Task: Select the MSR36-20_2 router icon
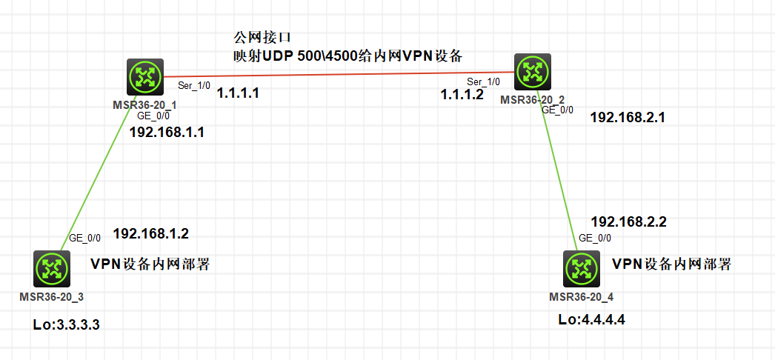tap(532, 71)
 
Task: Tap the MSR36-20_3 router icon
tap(52, 268)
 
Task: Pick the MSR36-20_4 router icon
tap(581, 269)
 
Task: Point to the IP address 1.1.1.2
tap(462, 94)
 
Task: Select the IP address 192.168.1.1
tap(167, 133)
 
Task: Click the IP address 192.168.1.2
tap(150, 234)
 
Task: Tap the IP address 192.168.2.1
tap(628, 117)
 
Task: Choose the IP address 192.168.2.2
tap(628, 221)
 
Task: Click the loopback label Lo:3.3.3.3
tap(66, 324)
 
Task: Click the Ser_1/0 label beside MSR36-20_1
tap(193, 86)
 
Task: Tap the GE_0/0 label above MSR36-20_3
tap(84, 239)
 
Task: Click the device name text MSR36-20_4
tap(582, 297)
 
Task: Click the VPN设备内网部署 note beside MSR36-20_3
tap(149, 264)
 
